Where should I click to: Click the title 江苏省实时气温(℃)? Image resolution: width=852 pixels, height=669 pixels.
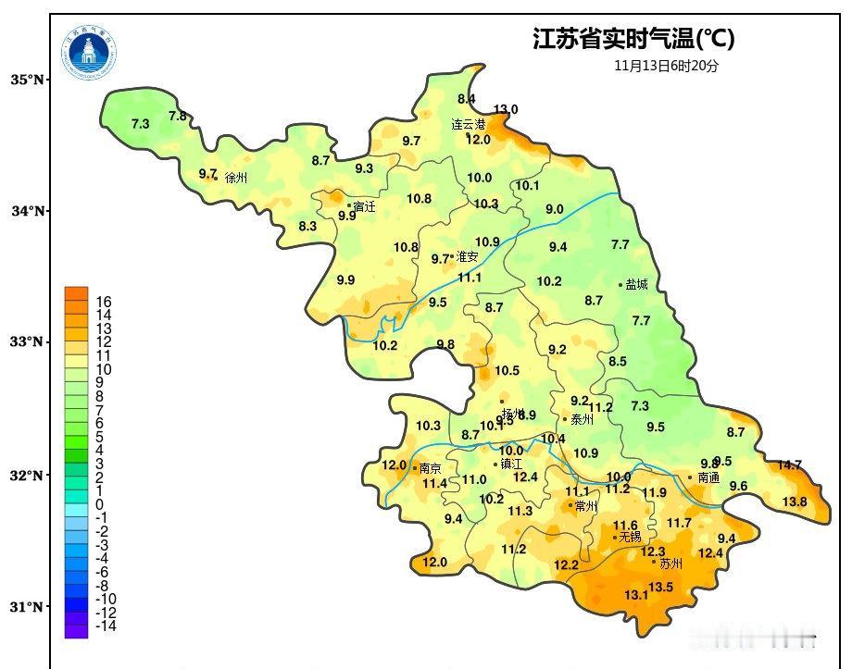(633, 39)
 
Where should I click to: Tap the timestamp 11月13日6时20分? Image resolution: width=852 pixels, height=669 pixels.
(666, 66)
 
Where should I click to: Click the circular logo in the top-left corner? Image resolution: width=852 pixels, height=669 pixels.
(91, 53)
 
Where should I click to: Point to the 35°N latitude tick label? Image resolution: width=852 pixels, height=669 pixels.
(28, 81)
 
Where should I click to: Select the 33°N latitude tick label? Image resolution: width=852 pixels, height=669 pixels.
(28, 342)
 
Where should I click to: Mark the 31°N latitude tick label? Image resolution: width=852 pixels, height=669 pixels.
(28, 607)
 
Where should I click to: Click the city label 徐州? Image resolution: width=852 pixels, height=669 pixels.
(236, 178)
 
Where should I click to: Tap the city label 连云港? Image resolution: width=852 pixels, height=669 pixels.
(469, 124)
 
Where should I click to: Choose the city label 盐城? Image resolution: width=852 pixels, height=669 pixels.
(637, 285)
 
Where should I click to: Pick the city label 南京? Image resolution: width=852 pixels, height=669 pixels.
(431, 468)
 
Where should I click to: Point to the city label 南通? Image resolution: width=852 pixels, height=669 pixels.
(708, 478)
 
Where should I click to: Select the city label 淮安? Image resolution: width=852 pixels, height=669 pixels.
(467, 257)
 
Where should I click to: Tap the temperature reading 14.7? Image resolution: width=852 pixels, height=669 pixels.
(789, 465)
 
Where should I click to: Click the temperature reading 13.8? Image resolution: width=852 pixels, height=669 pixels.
(795, 502)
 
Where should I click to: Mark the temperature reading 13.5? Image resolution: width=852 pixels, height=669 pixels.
(660, 587)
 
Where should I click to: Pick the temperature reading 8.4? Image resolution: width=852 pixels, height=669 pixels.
(466, 99)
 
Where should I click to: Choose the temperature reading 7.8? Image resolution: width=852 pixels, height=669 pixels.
(178, 116)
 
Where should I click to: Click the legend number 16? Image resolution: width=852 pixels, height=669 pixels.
(104, 302)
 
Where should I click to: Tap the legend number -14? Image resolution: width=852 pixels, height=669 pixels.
(106, 626)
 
